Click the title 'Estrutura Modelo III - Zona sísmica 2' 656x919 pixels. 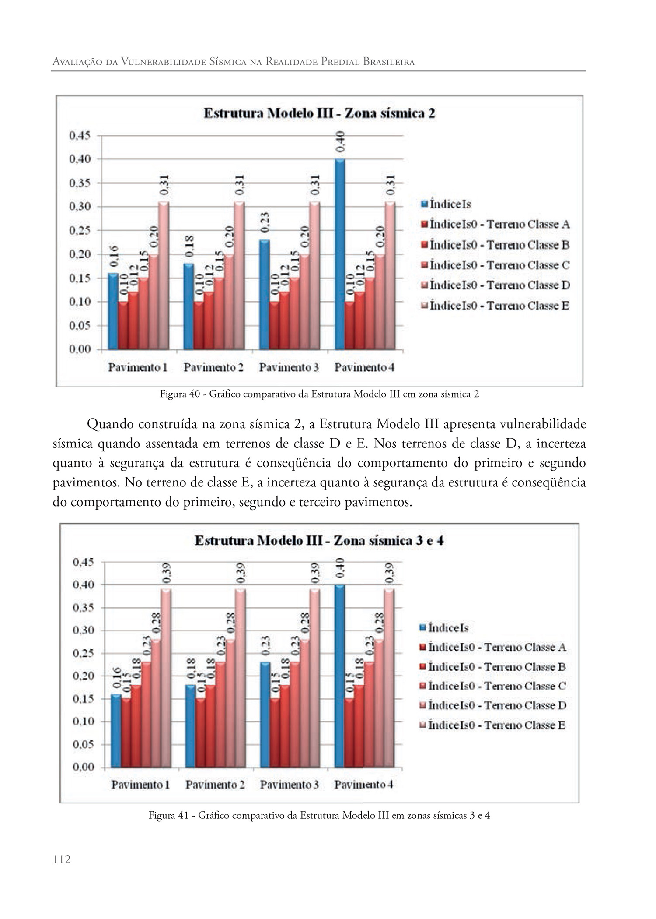point(319,113)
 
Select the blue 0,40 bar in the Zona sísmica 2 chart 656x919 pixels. point(340,254)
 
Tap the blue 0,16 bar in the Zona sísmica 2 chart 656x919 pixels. point(113,311)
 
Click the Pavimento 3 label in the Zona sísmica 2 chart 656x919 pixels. point(289,367)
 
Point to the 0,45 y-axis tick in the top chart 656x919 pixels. point(80,136)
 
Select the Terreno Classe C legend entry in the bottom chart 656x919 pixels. point(497,686)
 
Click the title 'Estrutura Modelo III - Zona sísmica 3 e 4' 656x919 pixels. point(319,541)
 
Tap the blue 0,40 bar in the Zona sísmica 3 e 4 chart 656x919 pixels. point(340,676)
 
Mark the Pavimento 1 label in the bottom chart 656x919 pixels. point(140,785)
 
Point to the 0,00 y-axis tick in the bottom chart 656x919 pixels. point(83,767)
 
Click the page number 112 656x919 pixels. point(62,859)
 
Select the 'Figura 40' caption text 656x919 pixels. point(319,394)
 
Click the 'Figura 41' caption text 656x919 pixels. point(319,816)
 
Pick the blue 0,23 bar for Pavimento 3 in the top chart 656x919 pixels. point(264,294)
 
